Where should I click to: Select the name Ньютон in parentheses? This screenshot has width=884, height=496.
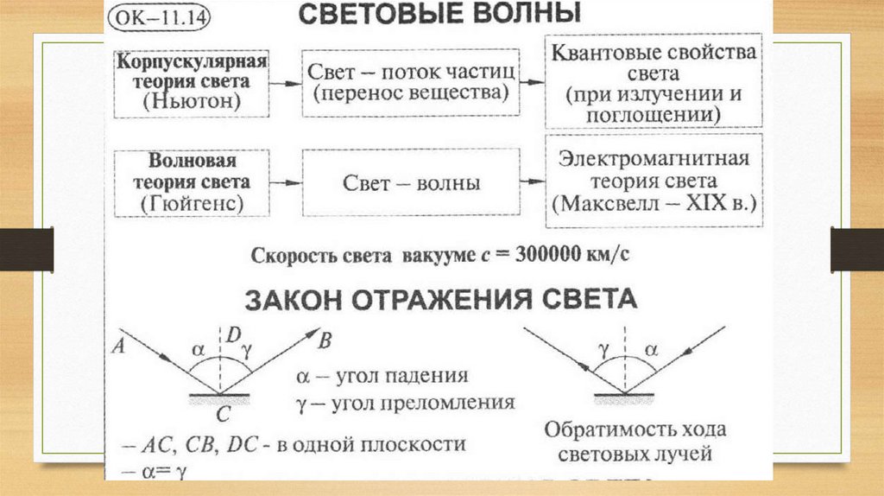point(192,103)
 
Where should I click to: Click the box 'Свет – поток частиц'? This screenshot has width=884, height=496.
point(411,83)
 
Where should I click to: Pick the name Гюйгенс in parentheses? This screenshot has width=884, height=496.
point(192,204)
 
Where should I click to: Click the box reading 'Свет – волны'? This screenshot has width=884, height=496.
point(411,184)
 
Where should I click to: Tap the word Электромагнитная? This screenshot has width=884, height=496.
point(653,160)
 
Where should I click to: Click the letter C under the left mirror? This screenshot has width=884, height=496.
point(223,416)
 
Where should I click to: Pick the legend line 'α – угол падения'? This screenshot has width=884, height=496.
point(382,377)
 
